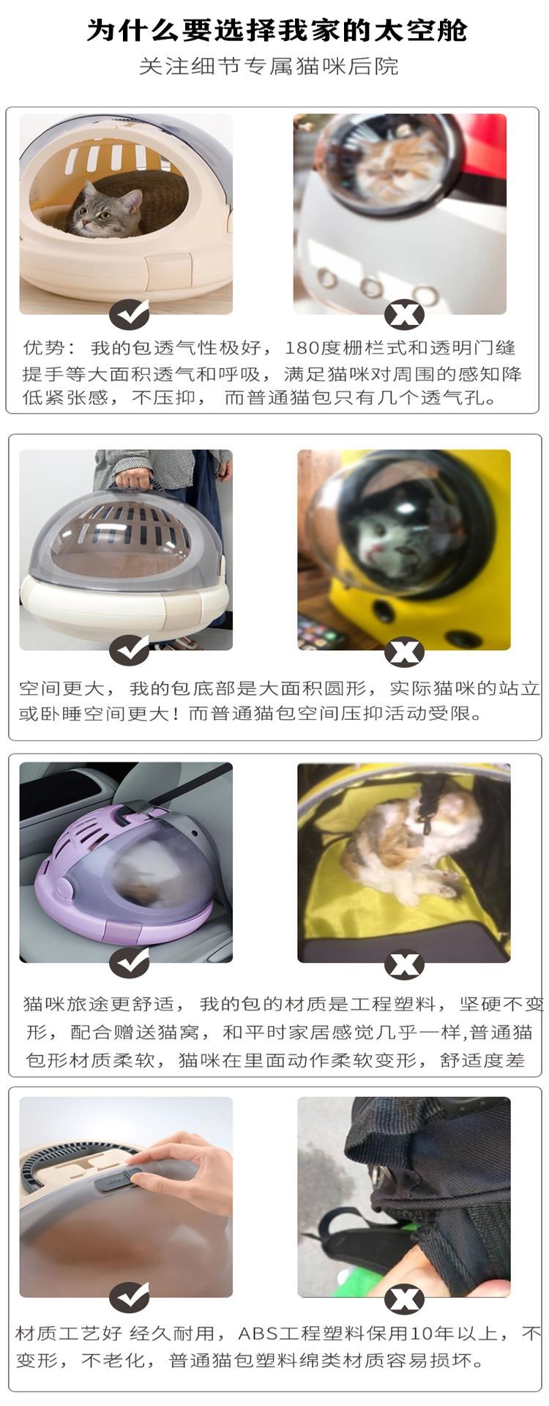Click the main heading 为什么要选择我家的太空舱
click(276, 30)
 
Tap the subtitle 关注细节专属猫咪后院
click(269, 67)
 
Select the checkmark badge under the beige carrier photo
click(130, 315)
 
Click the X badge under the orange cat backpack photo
click(404, 315)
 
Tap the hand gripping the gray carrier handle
click(134, 479)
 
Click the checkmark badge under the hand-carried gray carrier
click(130, 650)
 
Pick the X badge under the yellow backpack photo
click(404, 651)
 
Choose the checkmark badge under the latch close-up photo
click(130, 1298)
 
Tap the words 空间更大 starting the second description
click(61, 688)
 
